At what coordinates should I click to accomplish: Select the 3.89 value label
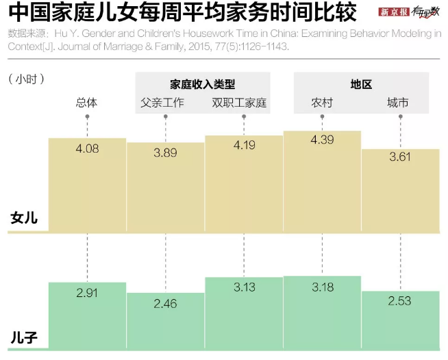click(x=165, y=153)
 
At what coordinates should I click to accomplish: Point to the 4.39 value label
click(x=322, y=140)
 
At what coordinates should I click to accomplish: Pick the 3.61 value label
click(x=401, y=157)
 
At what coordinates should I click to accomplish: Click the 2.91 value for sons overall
click(x=87, y=292)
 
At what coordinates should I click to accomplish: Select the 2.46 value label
click(x=165, y=302)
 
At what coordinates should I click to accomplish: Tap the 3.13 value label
click(x=244, y=287)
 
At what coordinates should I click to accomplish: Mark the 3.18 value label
click(x=322, y=287)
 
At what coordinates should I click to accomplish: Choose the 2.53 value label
click(x=401, y=300)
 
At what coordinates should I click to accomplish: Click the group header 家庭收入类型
click(x=203, y=84)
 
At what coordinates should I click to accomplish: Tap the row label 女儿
click(x=24, y=219)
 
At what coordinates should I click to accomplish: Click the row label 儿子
click(x=24, y=337)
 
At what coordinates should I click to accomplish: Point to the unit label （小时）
click(x=27, y=80)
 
